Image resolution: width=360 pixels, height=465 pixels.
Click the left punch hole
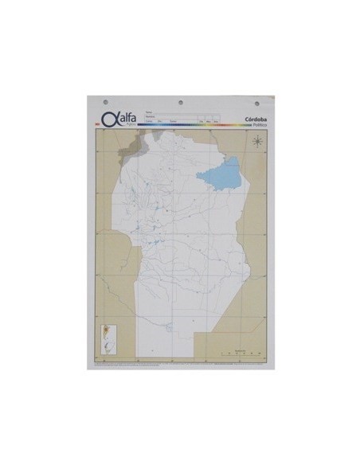point(108,103)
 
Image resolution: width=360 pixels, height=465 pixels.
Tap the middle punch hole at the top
point(179,103)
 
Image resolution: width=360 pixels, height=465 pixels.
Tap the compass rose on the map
point(257,142)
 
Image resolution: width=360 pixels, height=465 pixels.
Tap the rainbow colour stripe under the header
point(191,125)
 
